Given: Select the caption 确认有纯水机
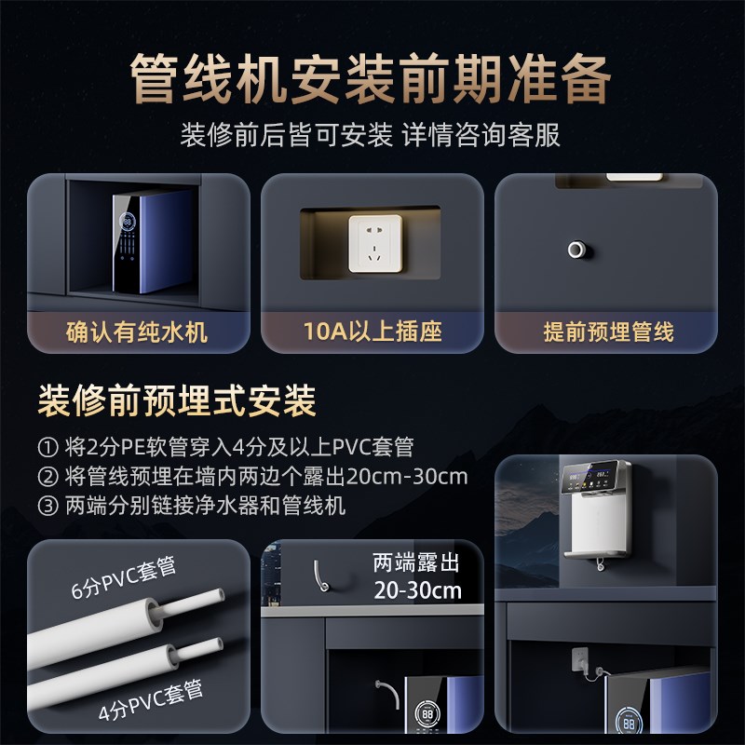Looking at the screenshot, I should tap(137, 332).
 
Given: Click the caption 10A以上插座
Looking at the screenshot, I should tap(372, 332).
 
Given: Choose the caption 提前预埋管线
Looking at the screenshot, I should tap(607, 332).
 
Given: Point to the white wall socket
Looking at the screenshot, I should tap(374, 243).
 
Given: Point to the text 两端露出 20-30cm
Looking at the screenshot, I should tap(417, 576).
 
